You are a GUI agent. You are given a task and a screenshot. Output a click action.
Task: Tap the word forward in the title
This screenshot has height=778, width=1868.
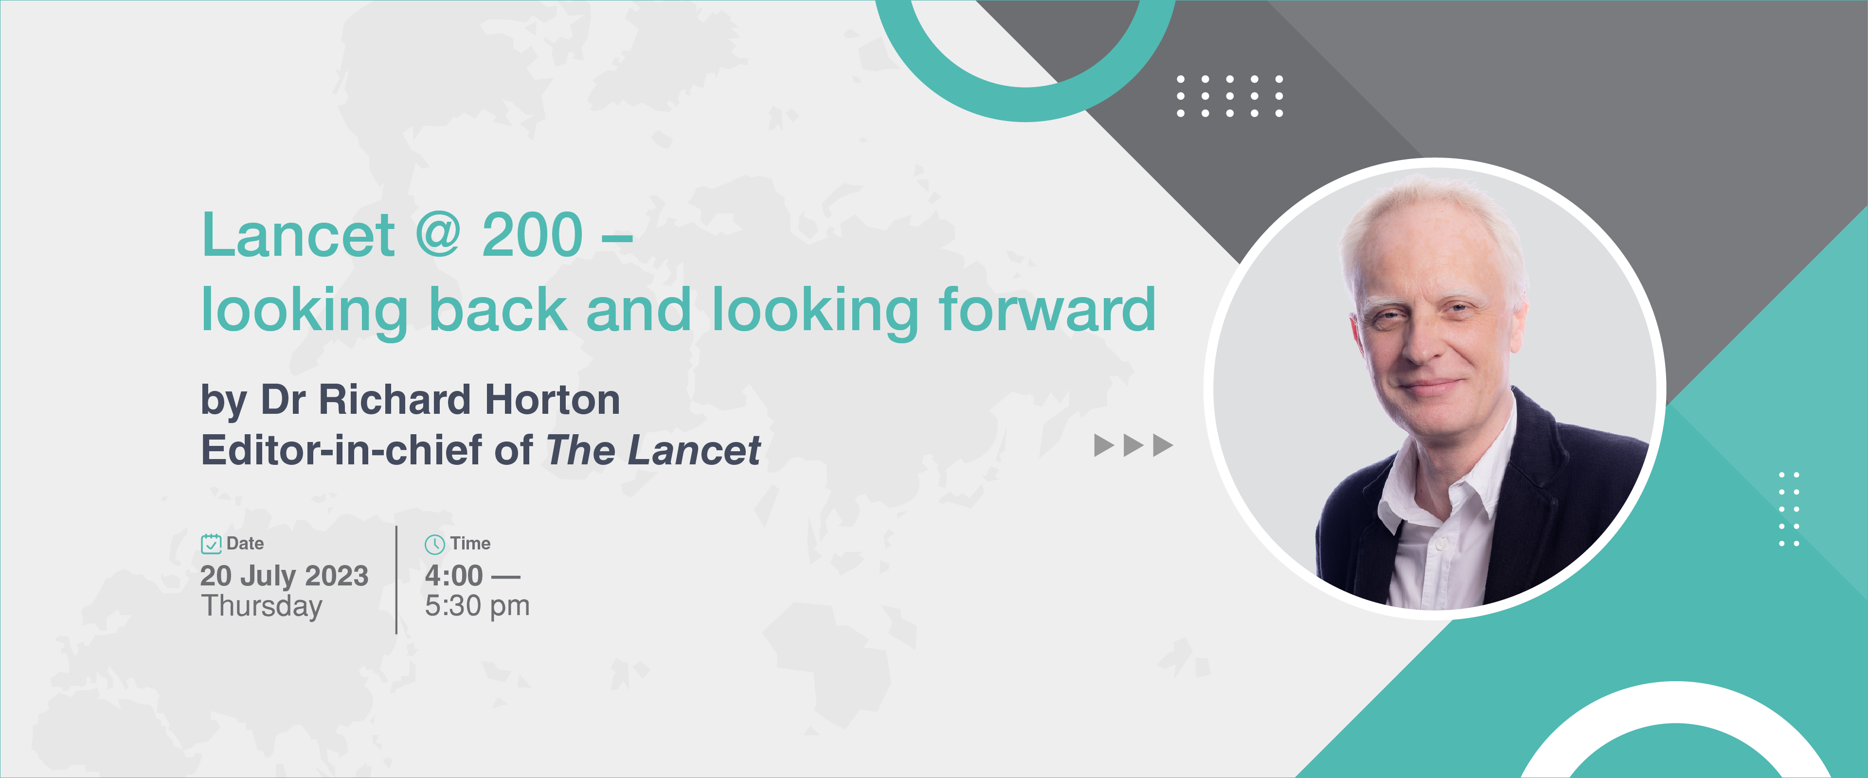(1047, 310)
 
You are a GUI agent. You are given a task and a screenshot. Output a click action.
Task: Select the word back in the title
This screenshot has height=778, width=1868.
(498, 310)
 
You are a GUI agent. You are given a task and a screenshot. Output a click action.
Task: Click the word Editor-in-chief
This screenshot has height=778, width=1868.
(341, 450)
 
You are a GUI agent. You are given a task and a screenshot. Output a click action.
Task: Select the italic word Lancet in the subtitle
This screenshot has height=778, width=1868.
(694, 450)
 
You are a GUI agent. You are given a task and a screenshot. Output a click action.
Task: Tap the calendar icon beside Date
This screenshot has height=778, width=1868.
(211, 543)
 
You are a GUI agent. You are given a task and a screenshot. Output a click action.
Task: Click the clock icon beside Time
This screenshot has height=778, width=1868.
(434, 544)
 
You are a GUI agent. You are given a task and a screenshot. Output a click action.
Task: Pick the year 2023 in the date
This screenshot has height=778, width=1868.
(337, 576)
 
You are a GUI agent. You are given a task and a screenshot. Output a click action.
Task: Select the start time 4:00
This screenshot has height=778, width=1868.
(454, 576)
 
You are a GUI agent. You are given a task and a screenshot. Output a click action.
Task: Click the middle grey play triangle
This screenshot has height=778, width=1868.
(1133, 445)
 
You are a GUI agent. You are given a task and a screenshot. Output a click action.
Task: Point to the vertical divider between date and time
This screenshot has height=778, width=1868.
(396, 580)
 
